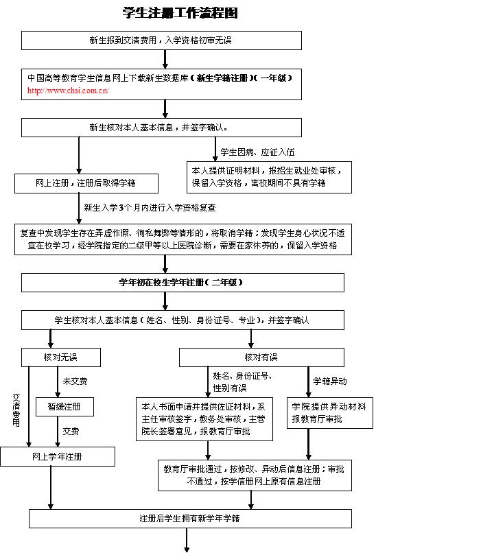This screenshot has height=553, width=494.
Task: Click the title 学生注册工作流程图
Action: coord(180,13)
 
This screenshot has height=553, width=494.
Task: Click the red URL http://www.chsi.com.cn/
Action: coord(68,91)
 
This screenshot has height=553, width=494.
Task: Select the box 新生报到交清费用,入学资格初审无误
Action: coord(161,40)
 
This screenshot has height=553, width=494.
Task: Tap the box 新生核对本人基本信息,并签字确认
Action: coord(161,128)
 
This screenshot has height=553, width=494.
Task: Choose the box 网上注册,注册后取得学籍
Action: coord(86,183)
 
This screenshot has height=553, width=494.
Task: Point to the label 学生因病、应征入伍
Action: coord(257,152)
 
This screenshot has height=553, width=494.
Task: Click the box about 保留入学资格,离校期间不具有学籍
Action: coord(269,177)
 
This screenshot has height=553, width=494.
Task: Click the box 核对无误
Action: coord(60,357)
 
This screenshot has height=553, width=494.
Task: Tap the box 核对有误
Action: coord(261,357)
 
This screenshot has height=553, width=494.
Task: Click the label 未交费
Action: coord(75,381)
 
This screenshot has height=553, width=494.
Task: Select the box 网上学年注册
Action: coord(57,456)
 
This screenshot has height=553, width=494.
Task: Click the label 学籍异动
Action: coord(330,381)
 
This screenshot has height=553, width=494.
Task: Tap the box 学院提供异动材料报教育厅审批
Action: coord(329,413)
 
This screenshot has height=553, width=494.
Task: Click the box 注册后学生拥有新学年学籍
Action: coord(189,519)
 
